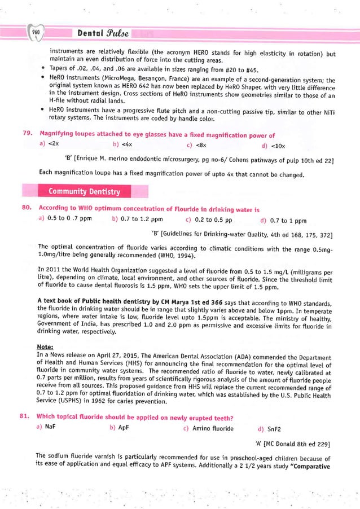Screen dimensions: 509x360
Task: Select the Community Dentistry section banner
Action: click(x=84, y=192)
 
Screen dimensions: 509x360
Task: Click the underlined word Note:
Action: click(x=45, y=346)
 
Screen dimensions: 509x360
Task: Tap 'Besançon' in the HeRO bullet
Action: click(x=152, y=80)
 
